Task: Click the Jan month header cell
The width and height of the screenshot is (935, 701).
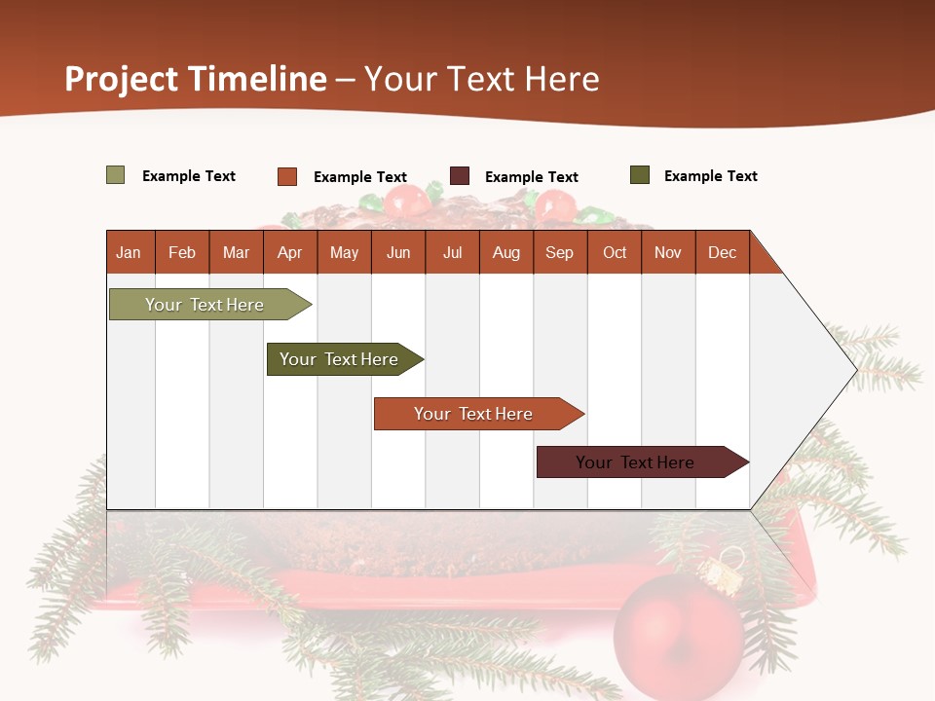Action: coord(130,252)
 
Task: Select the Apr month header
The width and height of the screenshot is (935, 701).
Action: coord(290,252)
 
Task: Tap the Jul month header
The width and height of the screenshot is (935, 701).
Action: coord(452,252)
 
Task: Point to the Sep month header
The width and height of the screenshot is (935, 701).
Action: coord(559,252)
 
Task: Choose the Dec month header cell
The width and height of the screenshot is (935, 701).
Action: coord(722,252)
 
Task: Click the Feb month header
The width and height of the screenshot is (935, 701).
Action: coord(182,252)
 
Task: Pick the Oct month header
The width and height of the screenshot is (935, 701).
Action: coord(615,252)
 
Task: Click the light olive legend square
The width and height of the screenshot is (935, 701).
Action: coord(115,175)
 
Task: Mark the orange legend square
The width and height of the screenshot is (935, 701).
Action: coord(286,176)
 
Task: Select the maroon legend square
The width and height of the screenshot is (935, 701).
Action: coord(460,176)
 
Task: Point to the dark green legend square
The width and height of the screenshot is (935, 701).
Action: coord(639,175)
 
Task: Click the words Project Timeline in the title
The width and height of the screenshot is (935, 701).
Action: coord(195,79)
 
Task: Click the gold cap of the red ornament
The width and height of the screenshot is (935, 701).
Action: coord(722,573)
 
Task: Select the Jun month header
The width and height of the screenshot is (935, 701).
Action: coord(398,252)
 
